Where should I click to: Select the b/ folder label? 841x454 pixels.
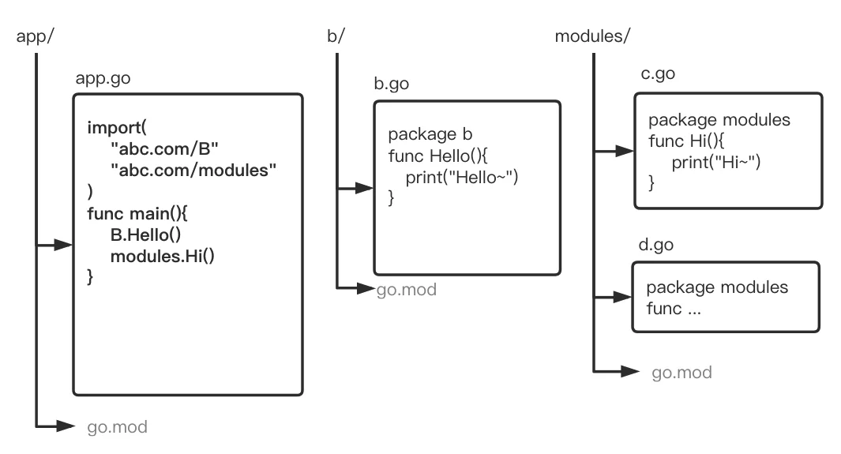[x=336, y=36]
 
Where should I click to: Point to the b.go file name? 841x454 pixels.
[x=392, y=84]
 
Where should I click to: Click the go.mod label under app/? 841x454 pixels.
[x=116, y=428]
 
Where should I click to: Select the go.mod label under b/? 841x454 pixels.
[x=407, y=291]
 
